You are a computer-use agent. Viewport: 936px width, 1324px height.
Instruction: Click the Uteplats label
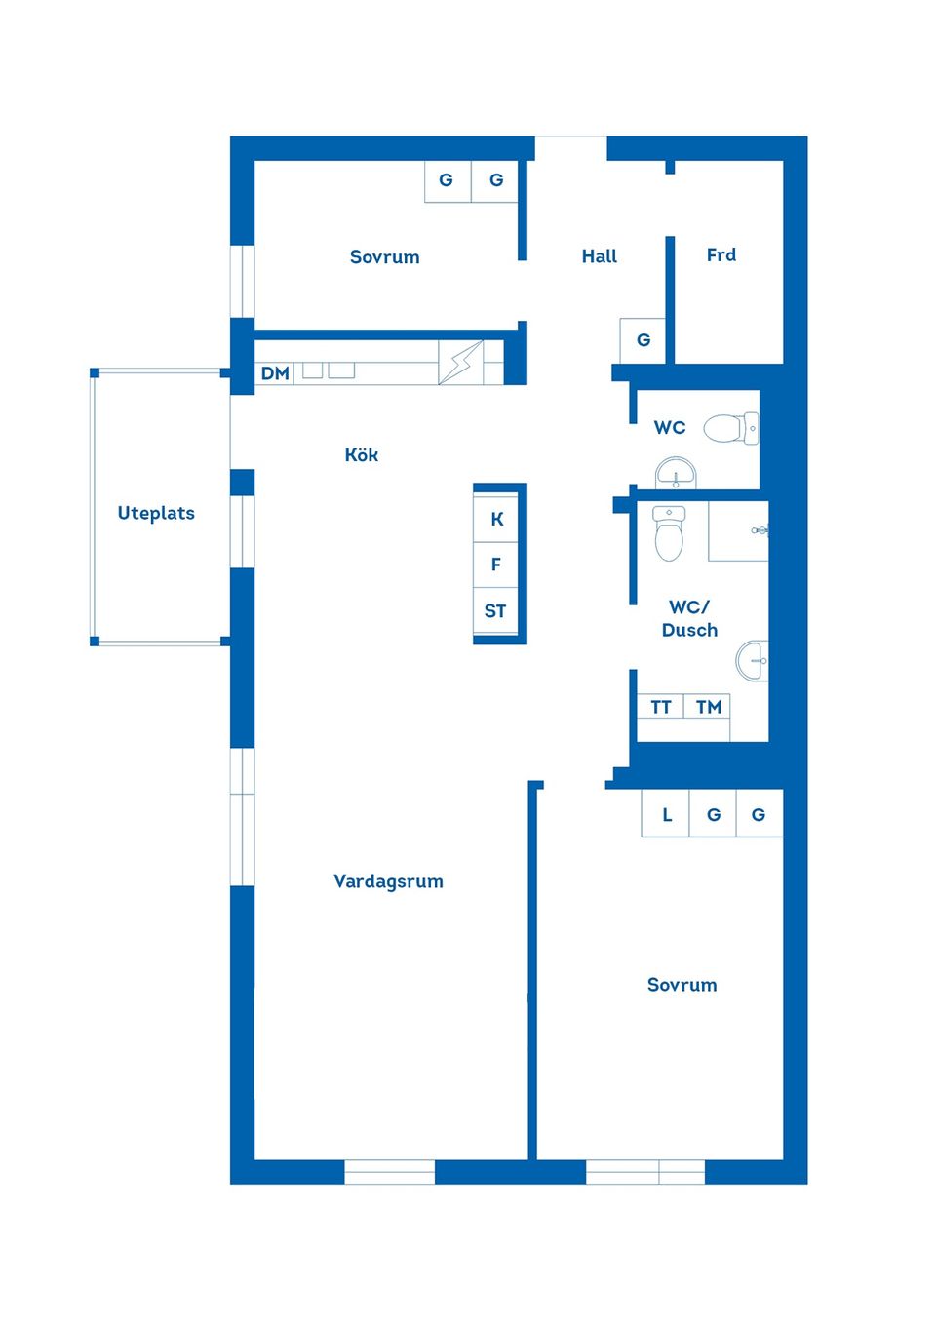[156, 513]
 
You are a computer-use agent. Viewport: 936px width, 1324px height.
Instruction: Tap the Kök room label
[361, 455]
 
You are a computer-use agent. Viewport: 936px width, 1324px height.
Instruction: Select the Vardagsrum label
[388, 881]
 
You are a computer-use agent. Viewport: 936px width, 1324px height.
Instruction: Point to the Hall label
[599, 256]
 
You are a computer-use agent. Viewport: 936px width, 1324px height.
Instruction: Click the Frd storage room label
[721, 255]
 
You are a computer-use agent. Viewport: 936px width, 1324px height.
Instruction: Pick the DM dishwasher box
[275, 373]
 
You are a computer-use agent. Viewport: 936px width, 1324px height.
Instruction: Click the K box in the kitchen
[497, 519]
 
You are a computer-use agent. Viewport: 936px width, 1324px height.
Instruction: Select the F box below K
[496, 565]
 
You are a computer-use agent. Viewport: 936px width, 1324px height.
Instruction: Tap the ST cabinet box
[495, 611]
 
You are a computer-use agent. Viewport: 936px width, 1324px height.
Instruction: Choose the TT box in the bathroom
[660, 707]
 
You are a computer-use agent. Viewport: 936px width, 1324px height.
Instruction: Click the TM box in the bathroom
[708, 707]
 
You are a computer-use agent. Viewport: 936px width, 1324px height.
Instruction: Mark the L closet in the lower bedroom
[666, 814]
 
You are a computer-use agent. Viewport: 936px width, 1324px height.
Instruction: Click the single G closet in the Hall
[643, 340]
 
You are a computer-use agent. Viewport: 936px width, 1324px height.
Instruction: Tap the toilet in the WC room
[729, 428]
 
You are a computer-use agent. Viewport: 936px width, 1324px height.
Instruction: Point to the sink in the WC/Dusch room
[753, 660]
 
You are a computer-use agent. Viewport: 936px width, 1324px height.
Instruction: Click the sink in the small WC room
[676, 474]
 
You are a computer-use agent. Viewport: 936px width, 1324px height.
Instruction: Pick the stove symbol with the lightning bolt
[461, 363]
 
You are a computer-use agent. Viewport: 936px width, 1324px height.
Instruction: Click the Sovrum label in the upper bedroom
[384, 257]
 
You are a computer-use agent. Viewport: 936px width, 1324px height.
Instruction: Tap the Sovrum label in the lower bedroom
[682, 985]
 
